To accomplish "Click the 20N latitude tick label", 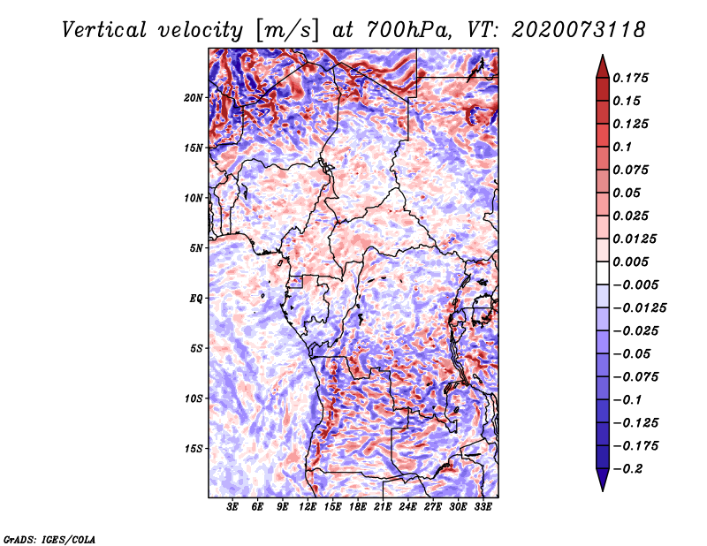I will pos(194,97).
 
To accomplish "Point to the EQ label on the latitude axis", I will pos(196,299).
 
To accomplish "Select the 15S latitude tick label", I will pos(194,449).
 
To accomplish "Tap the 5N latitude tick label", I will pos(196,248).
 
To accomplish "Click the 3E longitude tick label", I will pos(233,508).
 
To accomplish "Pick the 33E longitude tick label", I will pos(483,508).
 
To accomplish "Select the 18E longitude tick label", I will pos(358,508).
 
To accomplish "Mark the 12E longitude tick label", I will pos(308,508).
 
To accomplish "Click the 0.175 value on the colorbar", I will pos(633,78).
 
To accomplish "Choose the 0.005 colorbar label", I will pos(633,262).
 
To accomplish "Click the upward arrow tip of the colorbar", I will pos(602,57).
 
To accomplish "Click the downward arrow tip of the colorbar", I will pos(602,489).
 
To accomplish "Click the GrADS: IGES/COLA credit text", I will pos(49,538).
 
